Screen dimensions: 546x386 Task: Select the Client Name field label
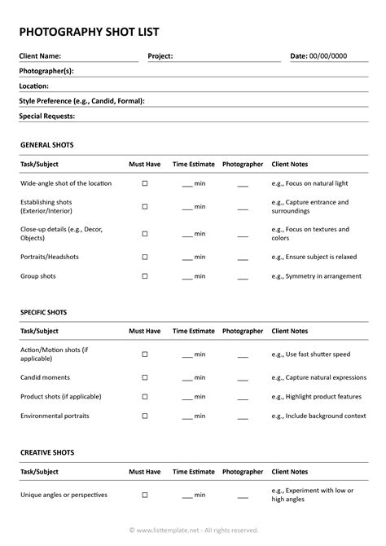pyautogui.click(x=40, y=56)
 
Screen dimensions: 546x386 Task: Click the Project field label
pyautogui.click(x=160, y=56)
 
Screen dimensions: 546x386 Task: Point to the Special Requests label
pyautogui.click(x=47, y=116)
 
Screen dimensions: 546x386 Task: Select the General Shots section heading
pyautogui.click(x=46, y=144)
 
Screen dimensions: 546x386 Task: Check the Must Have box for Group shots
pyautogui.click(x=145, y=276)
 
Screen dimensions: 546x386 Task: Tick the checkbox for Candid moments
pyautogui.click(x=145, y=377)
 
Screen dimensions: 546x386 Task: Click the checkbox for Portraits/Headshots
pyautogui.click(x=145, y=257)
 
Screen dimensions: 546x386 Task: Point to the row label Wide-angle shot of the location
pyautogui.click(x=66, y=183)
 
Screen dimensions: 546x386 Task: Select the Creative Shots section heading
pyautogui.click(x=47, y=452)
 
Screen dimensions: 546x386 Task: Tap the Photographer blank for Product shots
pyautogui.click(x=243, y=397)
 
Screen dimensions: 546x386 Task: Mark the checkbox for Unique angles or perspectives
pyautogui.click(x=145, y=495)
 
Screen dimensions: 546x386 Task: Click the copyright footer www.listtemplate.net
pyautogui.click(x=193, y=530)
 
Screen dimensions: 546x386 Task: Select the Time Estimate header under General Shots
pyautogui.click(x=194, y=164)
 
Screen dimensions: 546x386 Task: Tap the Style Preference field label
pyautogui.click(x=81, y=101)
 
